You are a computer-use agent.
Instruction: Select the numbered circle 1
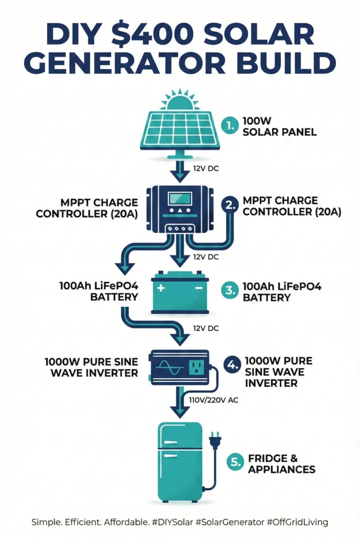click(228, 126)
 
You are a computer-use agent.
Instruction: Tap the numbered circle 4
click(231, 366)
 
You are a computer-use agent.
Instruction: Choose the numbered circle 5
click(235, 462)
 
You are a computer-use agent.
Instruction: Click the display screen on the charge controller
click(180, 200)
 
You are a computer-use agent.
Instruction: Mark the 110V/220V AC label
click(213, 399)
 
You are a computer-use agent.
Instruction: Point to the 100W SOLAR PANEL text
click(279, 126)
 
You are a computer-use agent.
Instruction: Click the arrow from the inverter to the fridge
click(180, 404)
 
